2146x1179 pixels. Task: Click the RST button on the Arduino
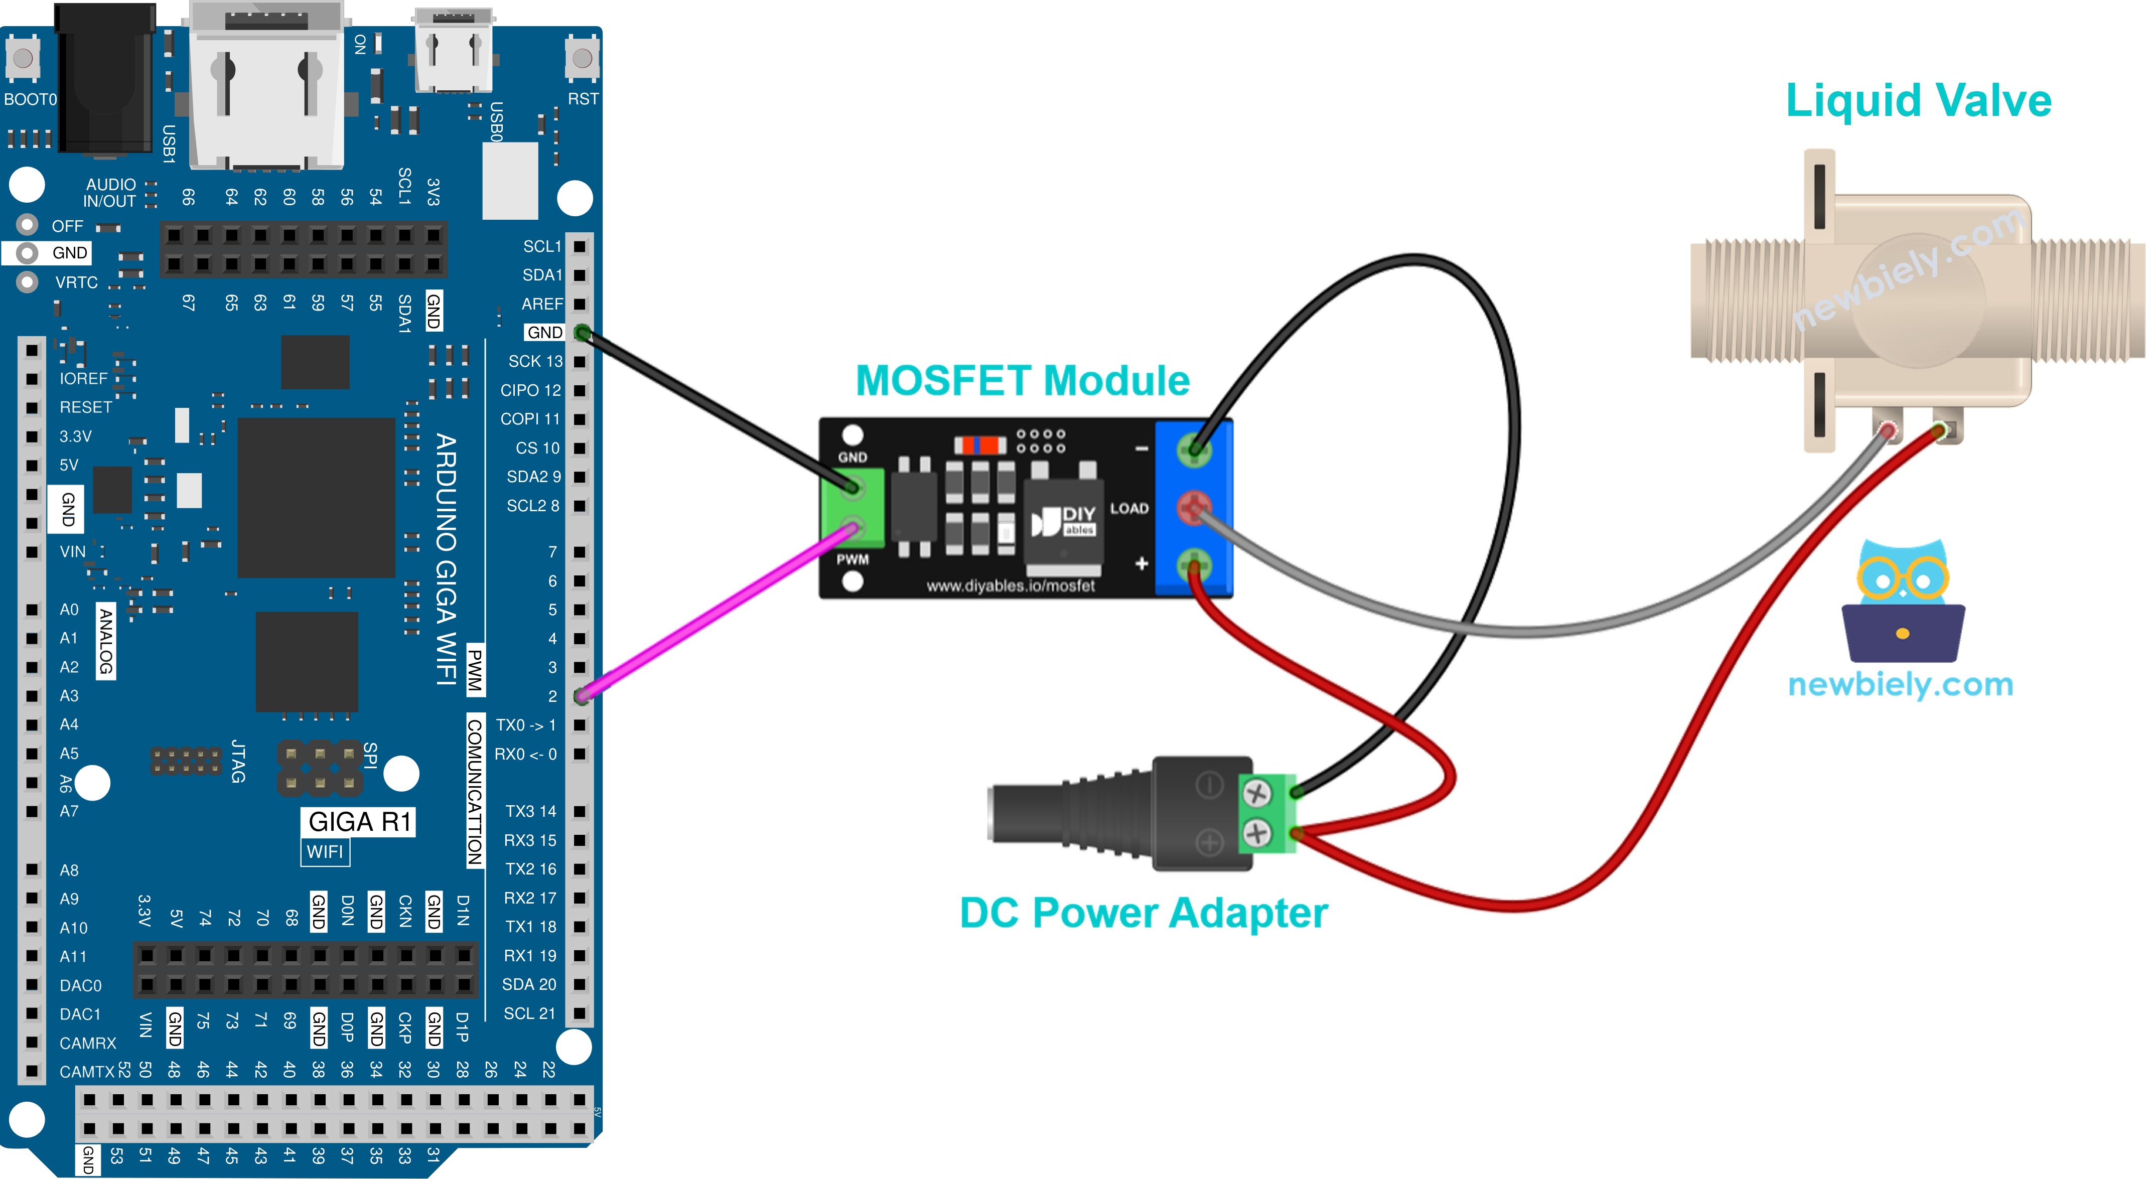pos(583,58)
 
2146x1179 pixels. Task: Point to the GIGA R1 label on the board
pos(359,822)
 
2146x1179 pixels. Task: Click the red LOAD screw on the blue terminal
pos(1194,507)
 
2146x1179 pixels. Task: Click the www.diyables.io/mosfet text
pos(1011,586)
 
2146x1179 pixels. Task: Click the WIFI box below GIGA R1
pos(325,851)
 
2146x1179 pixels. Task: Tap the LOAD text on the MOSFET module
pos(1129,508)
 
